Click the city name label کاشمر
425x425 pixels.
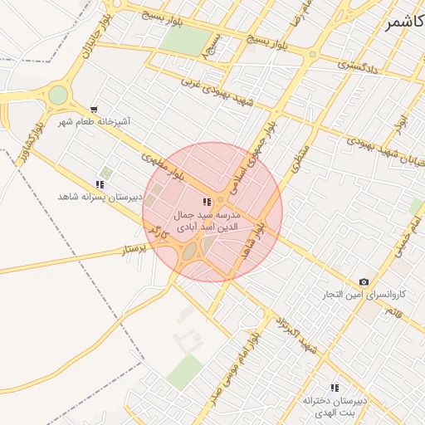click(403, 22)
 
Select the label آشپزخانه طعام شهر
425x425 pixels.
click(94, 122)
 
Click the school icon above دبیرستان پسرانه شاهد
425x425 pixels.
click(100, 184)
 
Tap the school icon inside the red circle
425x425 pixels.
click(207, 202)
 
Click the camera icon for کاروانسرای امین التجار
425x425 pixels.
click(364, 282)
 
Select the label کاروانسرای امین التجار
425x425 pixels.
click(366, 295)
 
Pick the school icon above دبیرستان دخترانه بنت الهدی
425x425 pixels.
click(335, 388)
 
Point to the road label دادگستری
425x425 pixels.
click(359, 66)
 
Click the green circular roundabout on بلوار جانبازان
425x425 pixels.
click(58, 95)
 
